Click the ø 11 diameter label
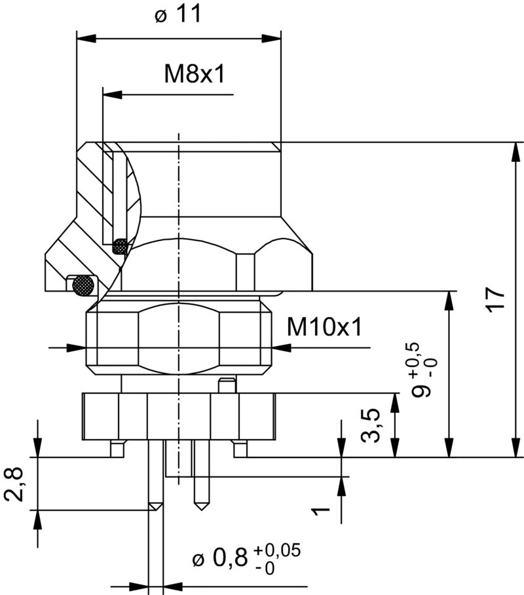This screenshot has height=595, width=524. pos(179,14)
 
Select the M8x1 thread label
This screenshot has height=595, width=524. pos(195,74)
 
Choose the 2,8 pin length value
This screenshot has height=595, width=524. pos(14,483)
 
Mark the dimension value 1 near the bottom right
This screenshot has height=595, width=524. pos(319,509)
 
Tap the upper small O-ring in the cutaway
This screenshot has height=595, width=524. pos(121,247)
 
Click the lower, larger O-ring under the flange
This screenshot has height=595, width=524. pos(83,284)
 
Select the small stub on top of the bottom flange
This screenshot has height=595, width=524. pos(227,386)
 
